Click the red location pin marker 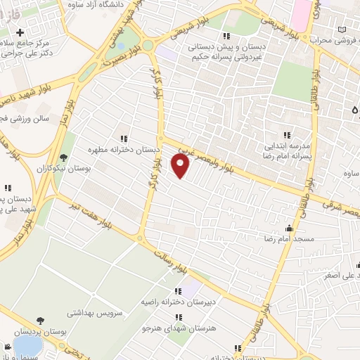(x=181, y=165)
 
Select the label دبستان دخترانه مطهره (x=124, y=150)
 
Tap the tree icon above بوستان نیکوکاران (x=65, y=157)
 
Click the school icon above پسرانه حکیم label (x=226, y=36)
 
